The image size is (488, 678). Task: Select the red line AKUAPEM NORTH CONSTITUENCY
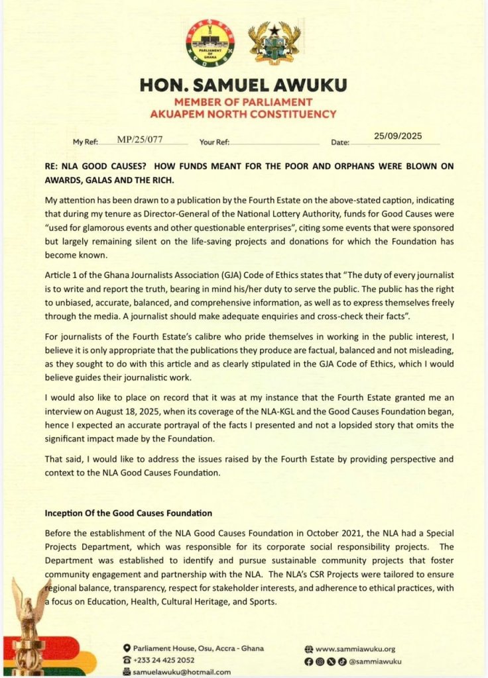pos(243,113)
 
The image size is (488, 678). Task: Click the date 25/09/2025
pos(398,136)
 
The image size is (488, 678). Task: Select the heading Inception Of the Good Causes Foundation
pos(128,512)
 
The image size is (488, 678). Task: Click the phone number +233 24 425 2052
pos(164,660)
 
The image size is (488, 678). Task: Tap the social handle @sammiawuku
pos(377,661)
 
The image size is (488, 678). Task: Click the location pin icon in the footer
pos(127,648)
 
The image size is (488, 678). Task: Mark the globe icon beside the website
pos(308,649)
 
